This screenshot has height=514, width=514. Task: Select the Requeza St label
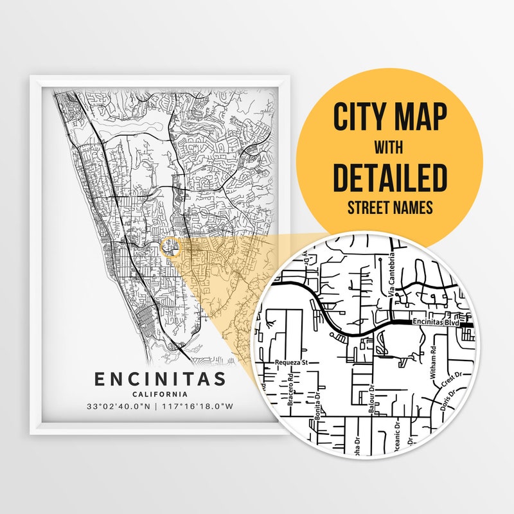tap(292, 362)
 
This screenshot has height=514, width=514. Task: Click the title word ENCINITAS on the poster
tap(160, 378)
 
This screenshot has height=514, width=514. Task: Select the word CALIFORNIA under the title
tap(160, 394)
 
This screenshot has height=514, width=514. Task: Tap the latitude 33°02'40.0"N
tap(120, 406)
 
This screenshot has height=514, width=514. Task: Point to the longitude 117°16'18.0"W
tap(200, 406)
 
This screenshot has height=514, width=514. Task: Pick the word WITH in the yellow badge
tap(389, 147)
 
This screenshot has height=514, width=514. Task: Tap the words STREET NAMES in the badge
tap(389, 208)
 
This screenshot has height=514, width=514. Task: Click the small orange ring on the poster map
tap(170, 247)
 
